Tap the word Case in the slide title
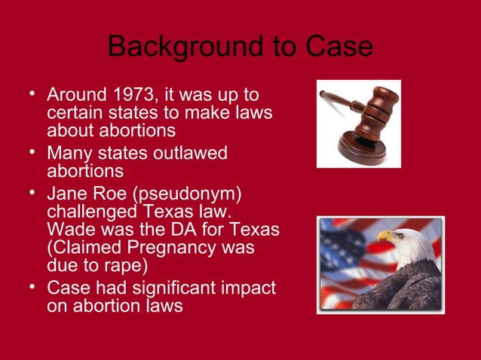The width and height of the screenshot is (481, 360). pos(339,47)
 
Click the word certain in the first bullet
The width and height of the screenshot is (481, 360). pos(74,114)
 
